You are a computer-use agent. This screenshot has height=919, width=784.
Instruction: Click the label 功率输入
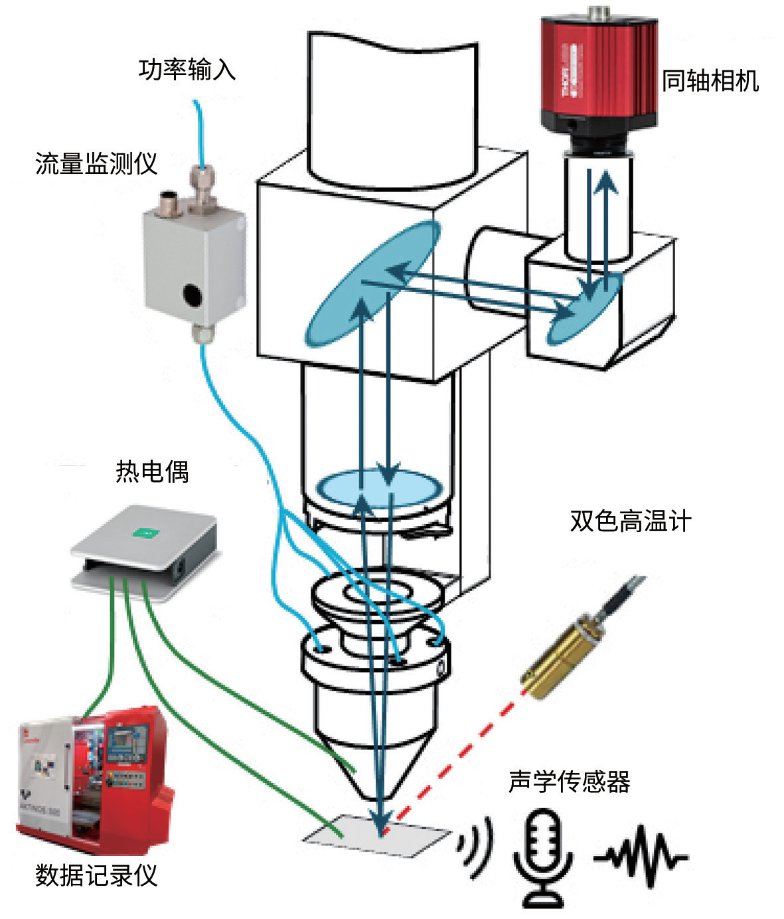pyautogui.click(x=187, y=69)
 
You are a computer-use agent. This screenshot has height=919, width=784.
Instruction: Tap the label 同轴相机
pyautogui.click(x=710, y=81)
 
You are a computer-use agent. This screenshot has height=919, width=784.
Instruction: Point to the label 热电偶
pyautogui.click(x=152, y=471)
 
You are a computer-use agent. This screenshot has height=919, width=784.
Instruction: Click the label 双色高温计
pyautogui.click(x=630, y=521)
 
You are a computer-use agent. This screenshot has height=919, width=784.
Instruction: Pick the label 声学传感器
pyautogui.click(x=569, y=782)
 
